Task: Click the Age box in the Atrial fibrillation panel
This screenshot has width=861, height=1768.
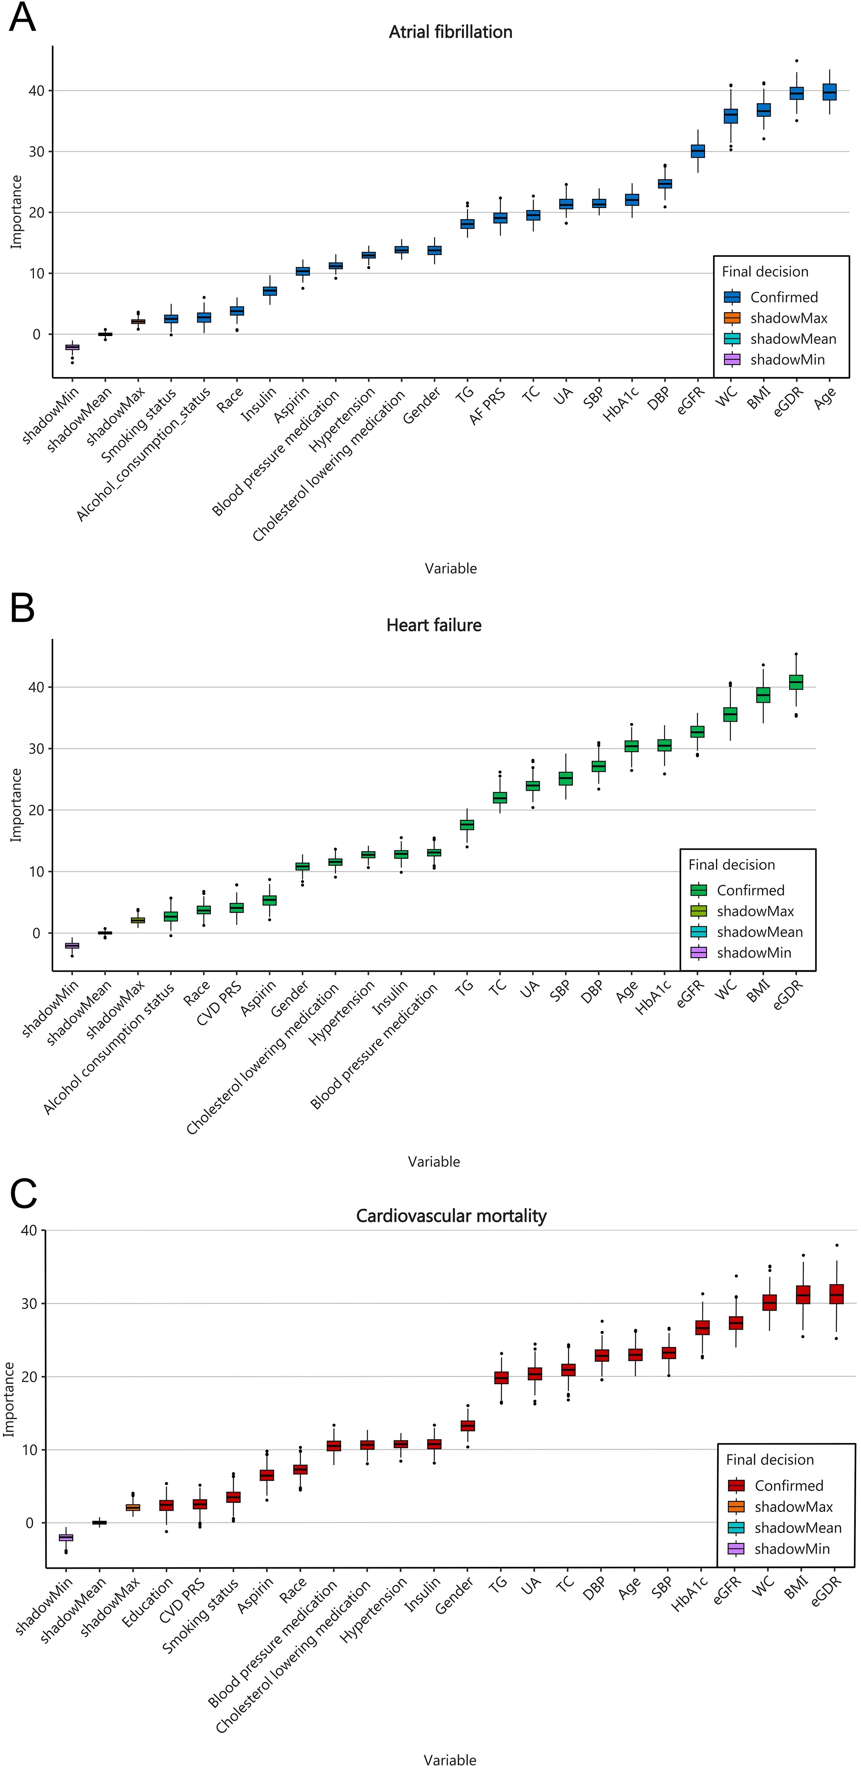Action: coord(829,92)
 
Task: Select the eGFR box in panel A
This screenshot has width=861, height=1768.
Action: coord(698,151)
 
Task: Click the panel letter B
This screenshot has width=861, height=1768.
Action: coord(23,608)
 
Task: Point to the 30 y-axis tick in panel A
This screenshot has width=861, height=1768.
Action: coord(37,152)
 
